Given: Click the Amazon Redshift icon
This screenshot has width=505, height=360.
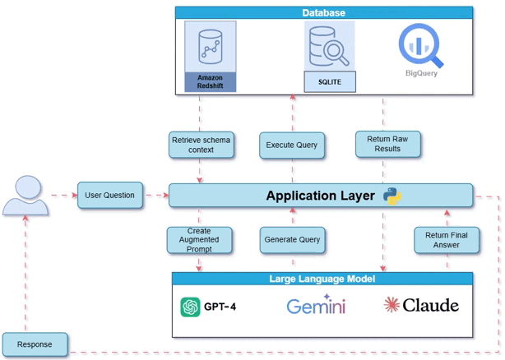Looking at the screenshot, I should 210,46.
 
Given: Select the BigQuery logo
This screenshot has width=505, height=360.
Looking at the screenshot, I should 420,46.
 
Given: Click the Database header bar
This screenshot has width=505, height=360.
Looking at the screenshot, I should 324,12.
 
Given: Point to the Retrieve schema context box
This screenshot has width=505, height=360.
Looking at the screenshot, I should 201,145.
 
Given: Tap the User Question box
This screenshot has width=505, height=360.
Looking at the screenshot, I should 110,196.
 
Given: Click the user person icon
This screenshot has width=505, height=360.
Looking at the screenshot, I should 25,196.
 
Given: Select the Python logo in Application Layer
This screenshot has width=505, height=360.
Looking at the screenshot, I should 392,196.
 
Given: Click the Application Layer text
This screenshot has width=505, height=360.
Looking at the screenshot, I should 320,196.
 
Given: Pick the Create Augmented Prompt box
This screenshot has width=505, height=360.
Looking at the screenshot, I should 199,240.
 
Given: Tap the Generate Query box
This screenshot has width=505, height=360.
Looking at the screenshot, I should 292,240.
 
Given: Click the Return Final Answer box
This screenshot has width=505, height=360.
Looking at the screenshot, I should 447,240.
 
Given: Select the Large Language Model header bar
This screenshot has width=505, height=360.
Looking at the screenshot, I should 322,279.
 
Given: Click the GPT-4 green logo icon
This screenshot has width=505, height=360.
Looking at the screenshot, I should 190,307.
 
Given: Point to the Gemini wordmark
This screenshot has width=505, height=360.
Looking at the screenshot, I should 316,307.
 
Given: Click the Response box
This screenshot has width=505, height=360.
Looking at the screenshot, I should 35,344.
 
